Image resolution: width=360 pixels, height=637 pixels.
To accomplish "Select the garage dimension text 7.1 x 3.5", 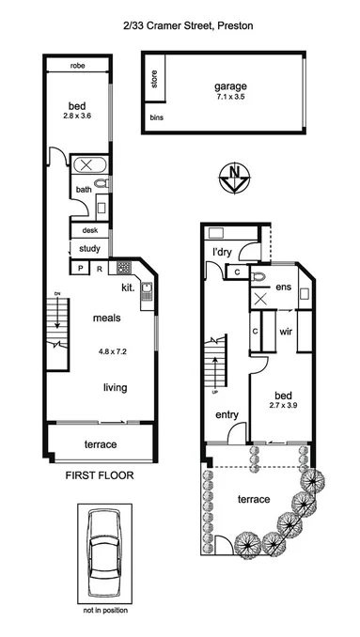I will point(229,96).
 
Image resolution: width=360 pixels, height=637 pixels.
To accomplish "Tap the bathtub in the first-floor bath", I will point(91,167).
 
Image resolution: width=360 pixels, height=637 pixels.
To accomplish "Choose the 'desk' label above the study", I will point(90,230).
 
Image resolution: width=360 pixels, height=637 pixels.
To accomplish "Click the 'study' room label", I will point(89,249).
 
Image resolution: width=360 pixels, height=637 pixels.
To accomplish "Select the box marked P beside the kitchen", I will point(81,268).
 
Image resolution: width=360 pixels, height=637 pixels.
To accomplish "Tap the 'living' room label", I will point(116,387).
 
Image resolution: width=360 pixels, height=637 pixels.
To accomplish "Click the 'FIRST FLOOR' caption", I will point(99,475).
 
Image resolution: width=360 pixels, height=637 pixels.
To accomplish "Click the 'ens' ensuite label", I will point(281,287).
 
